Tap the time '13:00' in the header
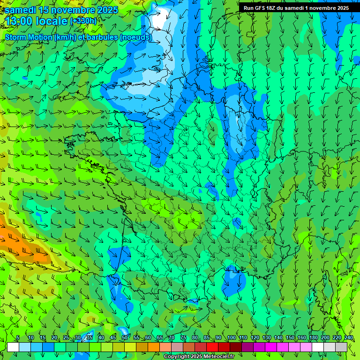click(21, 21)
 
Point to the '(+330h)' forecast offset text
click(83, 21)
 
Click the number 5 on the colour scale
click(18, 338)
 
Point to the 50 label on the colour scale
click(124, 338)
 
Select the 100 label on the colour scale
click(231, 338)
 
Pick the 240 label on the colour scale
click(348, 338)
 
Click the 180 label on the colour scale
click(313, 338)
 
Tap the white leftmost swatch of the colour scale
click(13, 347)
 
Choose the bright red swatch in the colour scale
click(212, 347)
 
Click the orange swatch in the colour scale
click(154, 347)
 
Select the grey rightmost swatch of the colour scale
click(341, 347)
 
